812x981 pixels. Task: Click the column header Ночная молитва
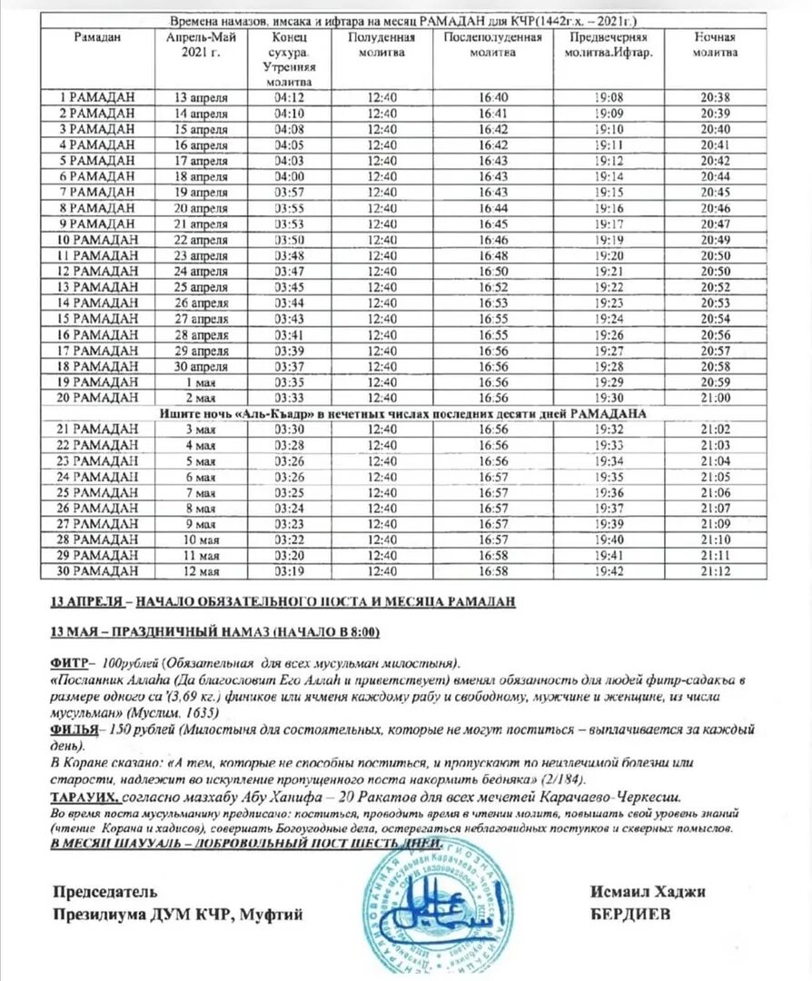pyautogui.click(x=715, y=45)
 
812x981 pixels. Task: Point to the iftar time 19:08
pyautogui.click(x=609, y=96)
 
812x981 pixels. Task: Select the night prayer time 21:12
pyautogui.click(x=715, y=571)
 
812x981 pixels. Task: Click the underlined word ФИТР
pyautogui.click(x=69, y=661)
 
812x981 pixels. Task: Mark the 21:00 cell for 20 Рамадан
pyautogui.click(x=715, y=398)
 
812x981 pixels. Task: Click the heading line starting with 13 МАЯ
pyautogui.click(x=214, y=632)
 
